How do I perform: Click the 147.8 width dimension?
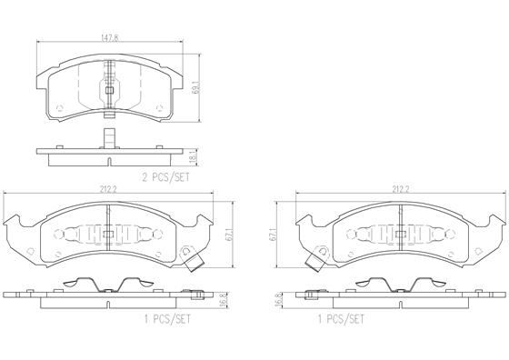click(109, 37)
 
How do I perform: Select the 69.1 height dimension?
click(195, 87)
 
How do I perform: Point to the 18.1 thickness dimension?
click(193, 158)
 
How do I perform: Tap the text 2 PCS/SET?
click(165, 177)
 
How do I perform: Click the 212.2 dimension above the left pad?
click(108, 190)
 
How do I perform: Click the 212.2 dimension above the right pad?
click(400, 190)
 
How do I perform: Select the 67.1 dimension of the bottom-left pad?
click(229, 235)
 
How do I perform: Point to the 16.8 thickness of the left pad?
click(223, 301)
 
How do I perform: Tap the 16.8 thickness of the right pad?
click(278, 301)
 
